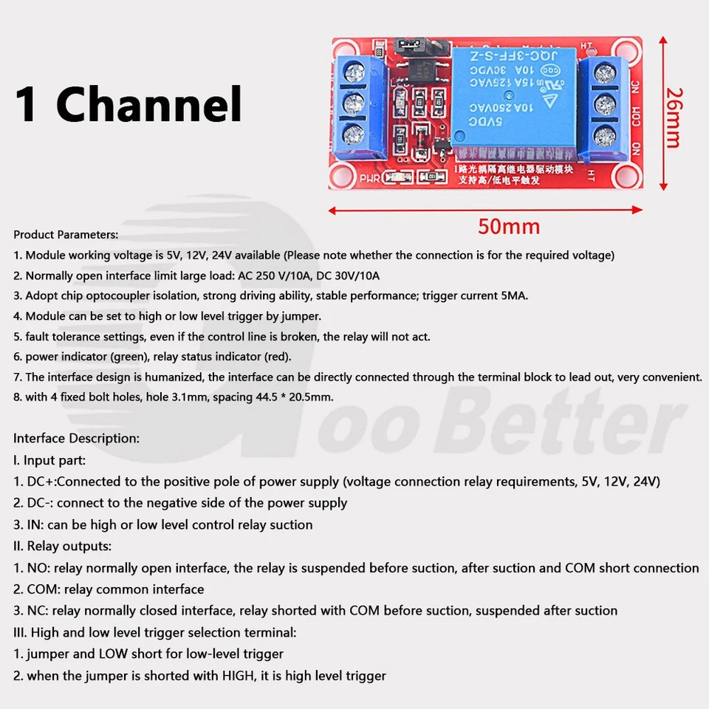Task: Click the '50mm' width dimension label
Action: [508, 226]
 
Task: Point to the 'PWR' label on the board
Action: [370, 179]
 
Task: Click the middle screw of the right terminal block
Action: [606, 103]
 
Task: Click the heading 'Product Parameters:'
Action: [66, 235]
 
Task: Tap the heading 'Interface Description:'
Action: [76, 438]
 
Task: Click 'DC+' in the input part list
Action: [45, 482]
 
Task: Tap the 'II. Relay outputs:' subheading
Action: [63, 547]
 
